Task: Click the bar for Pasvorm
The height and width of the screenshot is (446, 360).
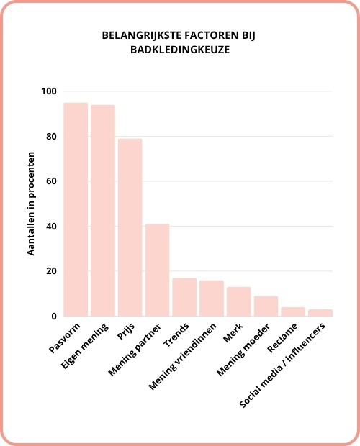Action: pyautogui.click(x=76, y=209)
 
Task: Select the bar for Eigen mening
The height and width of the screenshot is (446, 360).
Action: pyautogui.click(x=103, y=210)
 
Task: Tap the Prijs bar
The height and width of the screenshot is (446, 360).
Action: pyautogui.click(x=130, y=227)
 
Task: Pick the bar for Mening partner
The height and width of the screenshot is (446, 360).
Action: pyautogui.click(x=157, y=270)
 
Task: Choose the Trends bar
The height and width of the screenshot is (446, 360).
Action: pyautogui.click(x=184, y=297)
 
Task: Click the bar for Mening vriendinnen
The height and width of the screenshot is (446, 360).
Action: pyautogui.click(x=212, y=298)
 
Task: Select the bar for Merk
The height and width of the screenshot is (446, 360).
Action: pyautogui.click(x=239, y=301)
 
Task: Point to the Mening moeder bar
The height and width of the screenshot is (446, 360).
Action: pyautogui.click(x=266, y=306)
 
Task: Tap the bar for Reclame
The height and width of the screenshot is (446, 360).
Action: pyautogui.click(x=293, y=311)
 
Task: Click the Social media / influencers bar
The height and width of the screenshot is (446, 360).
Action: pyautogui.click(x=320, y=312)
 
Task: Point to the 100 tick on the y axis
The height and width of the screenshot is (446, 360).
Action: pyautogui.click(x=50, y=91)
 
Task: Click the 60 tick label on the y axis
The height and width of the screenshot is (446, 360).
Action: pyautogui.click(x=52, y=181)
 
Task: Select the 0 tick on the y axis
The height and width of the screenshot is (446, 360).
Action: pyautogui.click(x=55, y=317)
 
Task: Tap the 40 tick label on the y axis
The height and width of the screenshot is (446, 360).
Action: pyautogui.click(x=52, y=227)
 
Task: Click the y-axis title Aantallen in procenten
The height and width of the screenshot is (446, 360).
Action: pyautogui.click(x=32, y=204)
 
